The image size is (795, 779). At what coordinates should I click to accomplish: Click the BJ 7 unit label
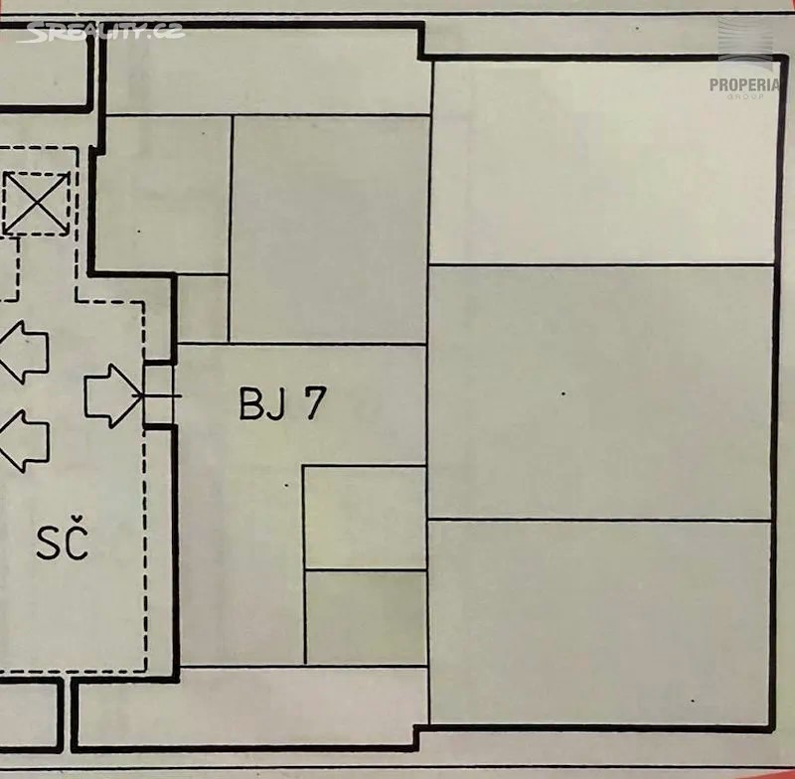click(x=282, y=404)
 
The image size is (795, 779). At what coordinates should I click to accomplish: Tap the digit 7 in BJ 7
click(x=313, y=403)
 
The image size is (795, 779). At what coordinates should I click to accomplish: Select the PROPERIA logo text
click(x=744, y=84)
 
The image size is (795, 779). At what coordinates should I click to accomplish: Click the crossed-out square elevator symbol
click(x=36, y=204)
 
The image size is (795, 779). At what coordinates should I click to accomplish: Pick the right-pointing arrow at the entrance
click(x=113, y=395)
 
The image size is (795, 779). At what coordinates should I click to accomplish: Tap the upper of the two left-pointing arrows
click(x=24, y=351)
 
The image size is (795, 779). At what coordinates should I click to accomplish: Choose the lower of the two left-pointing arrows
click(x=24, y=441)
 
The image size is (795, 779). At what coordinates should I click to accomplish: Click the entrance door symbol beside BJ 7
click(x=159, y=395)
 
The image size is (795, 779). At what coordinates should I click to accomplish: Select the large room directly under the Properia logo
click(x=603, y=162)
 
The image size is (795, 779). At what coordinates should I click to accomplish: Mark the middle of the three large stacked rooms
click(x=601, y=392)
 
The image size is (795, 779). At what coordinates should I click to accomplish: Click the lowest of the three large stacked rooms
click(x=600, y=623)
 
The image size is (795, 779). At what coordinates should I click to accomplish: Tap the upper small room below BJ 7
click(x=365, y=517)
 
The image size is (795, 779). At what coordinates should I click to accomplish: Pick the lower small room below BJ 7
click(x=366, y=617)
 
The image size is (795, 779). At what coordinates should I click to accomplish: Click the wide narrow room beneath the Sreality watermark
click(x=267, y=71)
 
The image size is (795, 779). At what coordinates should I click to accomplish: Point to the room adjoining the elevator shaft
click(x=163, y=195)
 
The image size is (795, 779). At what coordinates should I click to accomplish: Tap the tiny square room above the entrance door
click(x=203, y=308)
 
